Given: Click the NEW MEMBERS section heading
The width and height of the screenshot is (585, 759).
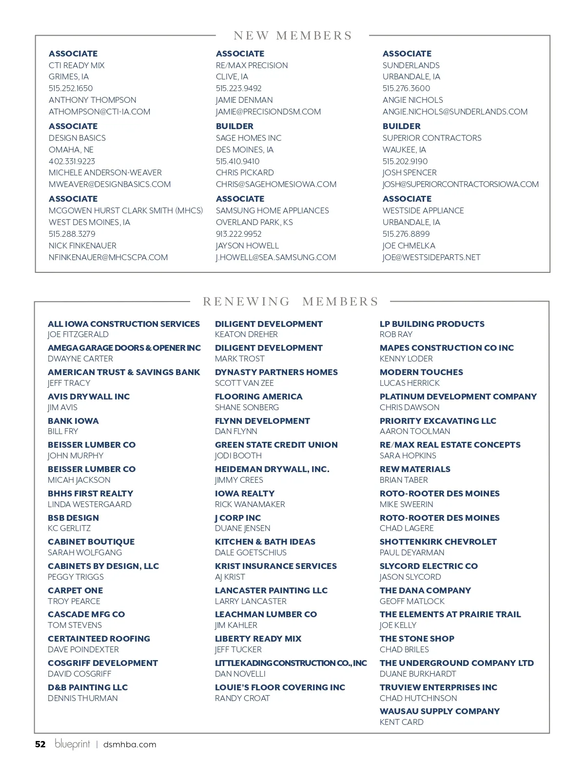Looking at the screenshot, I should point(292,36).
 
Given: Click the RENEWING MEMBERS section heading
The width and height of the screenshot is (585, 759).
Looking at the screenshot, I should point(291,302).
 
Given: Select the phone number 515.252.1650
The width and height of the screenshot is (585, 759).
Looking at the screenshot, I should point(71,88).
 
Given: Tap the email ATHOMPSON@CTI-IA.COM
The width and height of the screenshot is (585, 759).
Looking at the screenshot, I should point(99,112).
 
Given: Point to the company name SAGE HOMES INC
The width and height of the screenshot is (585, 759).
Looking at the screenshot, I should point(249,138).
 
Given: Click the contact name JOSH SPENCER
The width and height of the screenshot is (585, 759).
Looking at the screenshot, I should point(409,172).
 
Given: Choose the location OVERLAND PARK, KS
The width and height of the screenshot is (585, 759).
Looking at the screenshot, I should point(254,222).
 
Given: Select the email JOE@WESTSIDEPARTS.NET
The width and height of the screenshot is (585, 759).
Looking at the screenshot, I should point(431,257).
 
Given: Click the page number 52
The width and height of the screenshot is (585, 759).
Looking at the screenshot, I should point(40,744).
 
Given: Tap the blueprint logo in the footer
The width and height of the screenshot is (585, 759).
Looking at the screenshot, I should point(72,743).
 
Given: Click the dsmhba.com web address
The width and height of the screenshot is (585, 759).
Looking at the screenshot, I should point(130,744).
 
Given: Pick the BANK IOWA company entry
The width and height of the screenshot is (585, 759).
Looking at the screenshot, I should point(73,421).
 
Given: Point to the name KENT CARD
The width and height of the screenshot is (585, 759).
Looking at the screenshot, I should point(402,722).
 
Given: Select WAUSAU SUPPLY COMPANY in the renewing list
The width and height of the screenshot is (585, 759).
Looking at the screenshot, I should point(440,711).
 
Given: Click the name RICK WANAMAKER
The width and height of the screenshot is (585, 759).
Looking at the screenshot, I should point(250,504).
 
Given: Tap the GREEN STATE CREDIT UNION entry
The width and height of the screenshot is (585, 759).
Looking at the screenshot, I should point(276,445).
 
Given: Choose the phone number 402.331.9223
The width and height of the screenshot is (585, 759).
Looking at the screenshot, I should point(72,161).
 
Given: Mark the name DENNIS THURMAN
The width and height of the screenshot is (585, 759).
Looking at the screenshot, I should point(83,698).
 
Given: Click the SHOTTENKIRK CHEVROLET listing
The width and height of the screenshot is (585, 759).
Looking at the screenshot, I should point(438,542).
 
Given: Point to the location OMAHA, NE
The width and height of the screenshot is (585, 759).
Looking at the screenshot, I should point(71,150).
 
